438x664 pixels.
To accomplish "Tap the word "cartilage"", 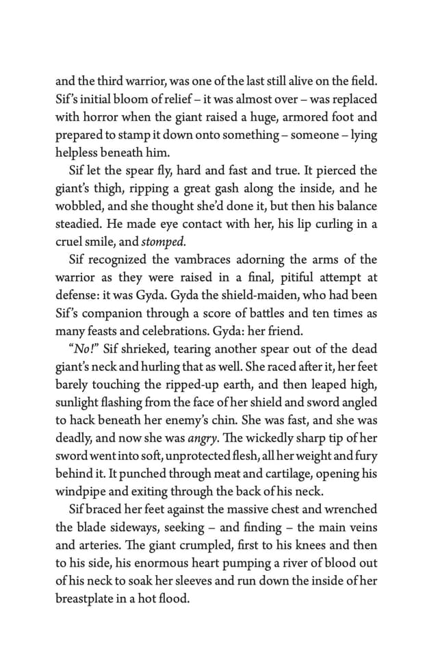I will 264,473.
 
